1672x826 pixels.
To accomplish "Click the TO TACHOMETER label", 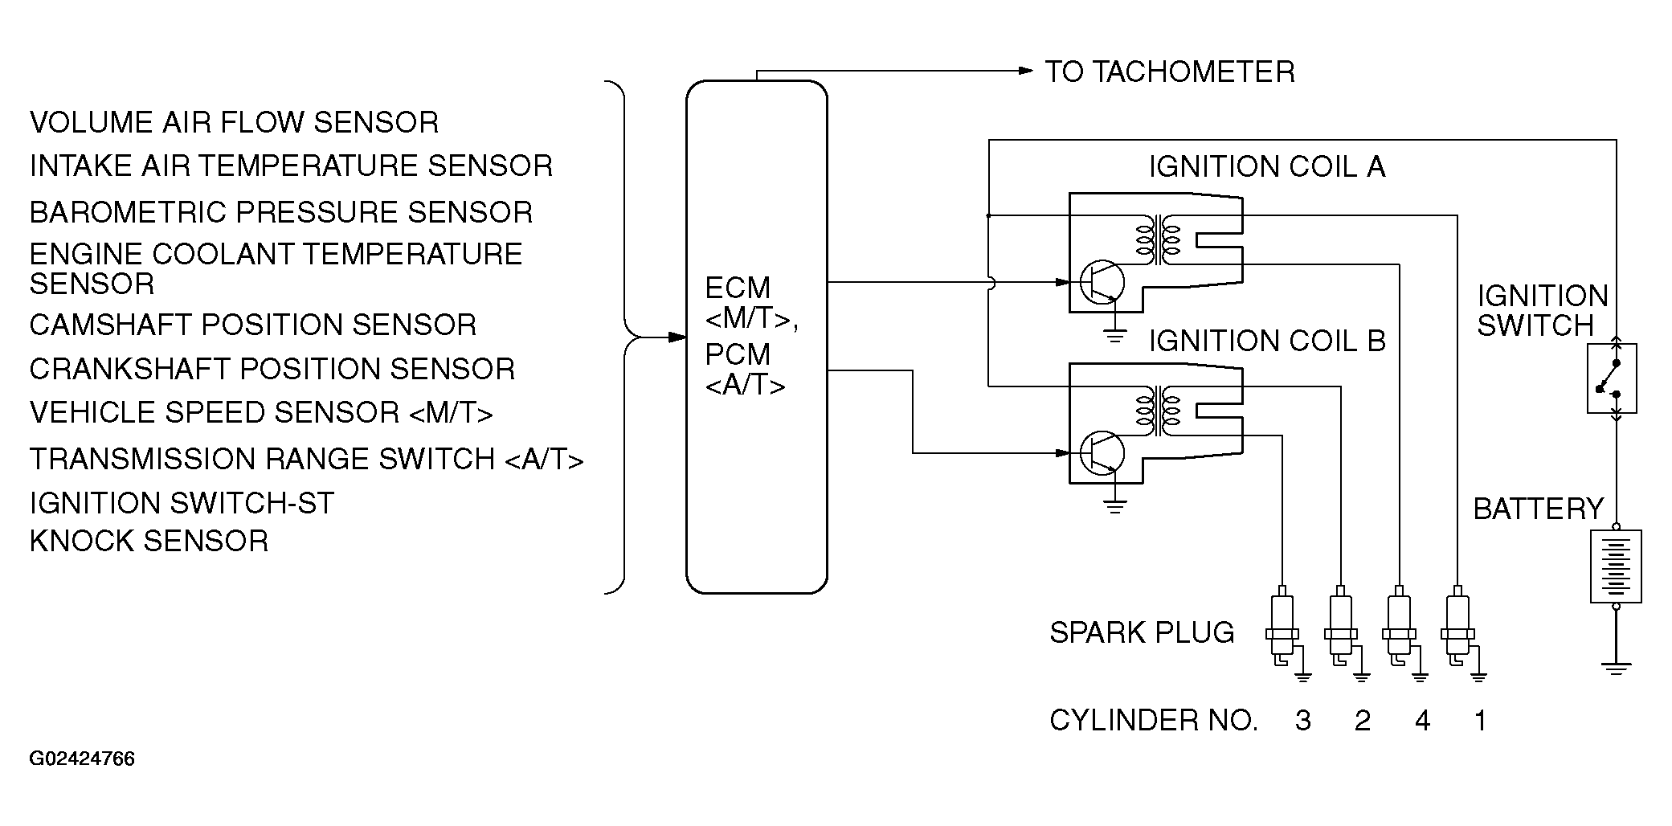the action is [x=1170, y=72].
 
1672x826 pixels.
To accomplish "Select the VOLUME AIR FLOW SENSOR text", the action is [x=235, y=122].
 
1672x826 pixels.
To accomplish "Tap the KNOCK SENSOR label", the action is [x=149, y=541].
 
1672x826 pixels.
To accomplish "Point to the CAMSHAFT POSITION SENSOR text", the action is [x=253, y=325].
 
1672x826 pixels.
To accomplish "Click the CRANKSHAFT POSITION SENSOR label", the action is [x=272, y=369].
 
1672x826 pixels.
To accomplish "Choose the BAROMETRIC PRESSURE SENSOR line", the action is [x=281, y=212].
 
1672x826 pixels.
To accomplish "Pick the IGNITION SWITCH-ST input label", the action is [x=182, y=503].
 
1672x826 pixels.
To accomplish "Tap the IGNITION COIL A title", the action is [x=1267, y=166].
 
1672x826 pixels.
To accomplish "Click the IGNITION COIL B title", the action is [x=1267, y=341].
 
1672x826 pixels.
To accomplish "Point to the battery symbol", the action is [x=1616, y=566].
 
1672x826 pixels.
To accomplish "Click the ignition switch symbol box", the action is [x=1612, y=378].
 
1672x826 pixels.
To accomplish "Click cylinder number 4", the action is [x=1422, y=721].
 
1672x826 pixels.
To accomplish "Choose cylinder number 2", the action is [x=1363, y=721].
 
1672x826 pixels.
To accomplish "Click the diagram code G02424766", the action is [x=82, y=759].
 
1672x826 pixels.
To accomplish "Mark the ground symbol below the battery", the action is [x=1616, y=668].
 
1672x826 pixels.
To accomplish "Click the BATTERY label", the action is [x=1538, y=509].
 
